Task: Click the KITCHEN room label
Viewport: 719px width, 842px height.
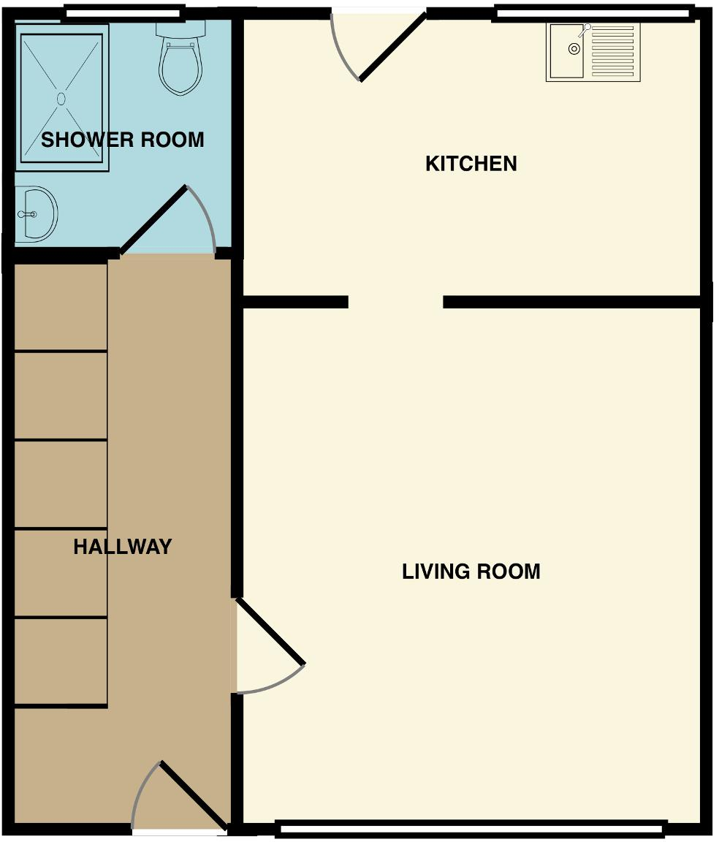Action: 471,163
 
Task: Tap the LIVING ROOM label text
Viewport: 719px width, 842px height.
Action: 471,572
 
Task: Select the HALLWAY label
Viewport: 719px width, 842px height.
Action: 123,547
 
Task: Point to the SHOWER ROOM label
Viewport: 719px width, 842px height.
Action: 123,140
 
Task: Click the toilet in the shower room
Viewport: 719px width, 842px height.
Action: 181,58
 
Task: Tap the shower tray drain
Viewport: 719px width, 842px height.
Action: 61,98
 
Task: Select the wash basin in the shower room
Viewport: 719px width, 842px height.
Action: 35,214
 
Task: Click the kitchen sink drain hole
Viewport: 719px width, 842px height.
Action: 574,50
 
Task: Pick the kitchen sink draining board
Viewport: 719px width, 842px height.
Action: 612,51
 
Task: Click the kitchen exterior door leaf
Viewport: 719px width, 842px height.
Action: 392,48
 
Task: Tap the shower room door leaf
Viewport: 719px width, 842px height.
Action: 153,219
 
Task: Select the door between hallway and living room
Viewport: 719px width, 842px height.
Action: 270,631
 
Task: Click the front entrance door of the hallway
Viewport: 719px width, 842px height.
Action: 194,794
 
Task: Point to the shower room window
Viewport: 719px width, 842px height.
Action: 123,12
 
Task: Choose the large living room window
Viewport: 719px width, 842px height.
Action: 471,829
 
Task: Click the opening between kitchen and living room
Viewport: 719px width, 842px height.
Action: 396,303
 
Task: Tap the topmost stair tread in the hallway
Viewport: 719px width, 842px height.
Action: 61,307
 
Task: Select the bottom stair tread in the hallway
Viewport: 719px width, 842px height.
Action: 61,661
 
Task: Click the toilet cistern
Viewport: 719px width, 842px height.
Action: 181,29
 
